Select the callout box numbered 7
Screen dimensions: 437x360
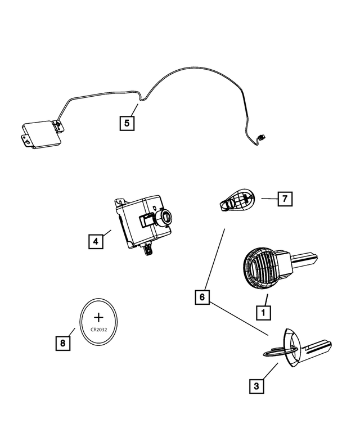pyautogui.click(x=285, y=199)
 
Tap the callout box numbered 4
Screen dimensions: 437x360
pyautogui.click(x=96, y=241)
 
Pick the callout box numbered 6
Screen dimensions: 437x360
pyautogui.click(x=203, y=296)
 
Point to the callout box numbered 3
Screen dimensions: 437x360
pyautogui.click(x=256, y=386)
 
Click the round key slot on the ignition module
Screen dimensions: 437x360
pyautogui.click(x=167, y=216)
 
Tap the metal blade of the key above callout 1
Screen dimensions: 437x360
pyautogui.click(x=304, y=259)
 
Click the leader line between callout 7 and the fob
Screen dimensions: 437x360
pyautogui.click(x=269, y=199)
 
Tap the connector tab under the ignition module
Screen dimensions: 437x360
pyautogui.click(x=148, y=249)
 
